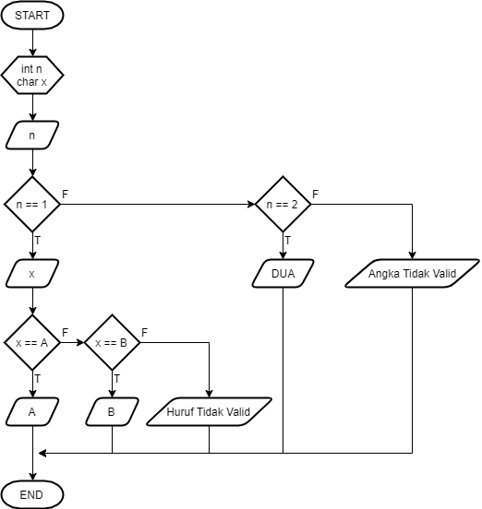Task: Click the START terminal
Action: [x=32, y=17]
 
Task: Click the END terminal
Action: [x=32, y=494]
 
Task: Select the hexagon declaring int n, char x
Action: [x=32, y=76]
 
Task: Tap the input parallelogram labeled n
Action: [x=32, y=136]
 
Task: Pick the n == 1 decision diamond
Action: [x=32, y=205]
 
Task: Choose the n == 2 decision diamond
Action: [x=283, y=205]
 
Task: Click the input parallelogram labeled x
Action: [x=32, y=274]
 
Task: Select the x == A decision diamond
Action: [x=32, y=342]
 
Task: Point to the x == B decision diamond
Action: [x=112, y=342]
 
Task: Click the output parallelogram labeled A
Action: [x=32, y=411]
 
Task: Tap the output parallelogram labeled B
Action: [x=112, y=411]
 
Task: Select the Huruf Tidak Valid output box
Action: [x=210, y=411]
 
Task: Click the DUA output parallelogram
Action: [x=283, y=274]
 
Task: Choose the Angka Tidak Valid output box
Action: [x=413, y=274]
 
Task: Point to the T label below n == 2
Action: [x=288, y=241]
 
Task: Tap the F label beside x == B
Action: [x=145, y=332]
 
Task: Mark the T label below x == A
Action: [x=38, y=378]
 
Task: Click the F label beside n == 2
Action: [x=316, y=195]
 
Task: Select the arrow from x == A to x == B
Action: [x=72, y=342]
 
